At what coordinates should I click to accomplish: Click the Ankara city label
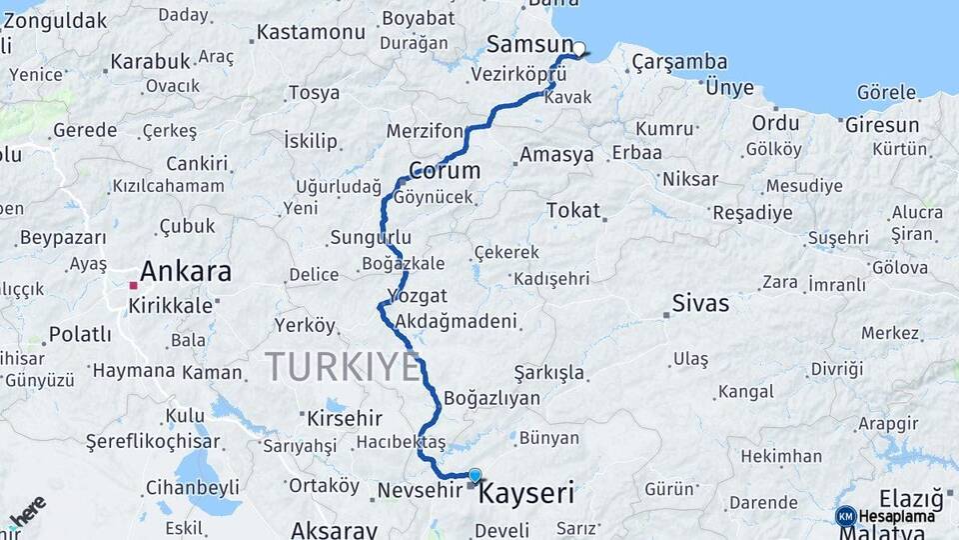(x=185, y=271)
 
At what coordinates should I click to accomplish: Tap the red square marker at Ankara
(x=133, y=285)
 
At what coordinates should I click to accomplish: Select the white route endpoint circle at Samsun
(x=578, y=48)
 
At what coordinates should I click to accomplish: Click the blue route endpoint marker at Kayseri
(x=475, y=476)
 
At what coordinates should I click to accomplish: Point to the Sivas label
(x=700, y=302)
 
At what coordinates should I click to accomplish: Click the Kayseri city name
(x=526, y=493)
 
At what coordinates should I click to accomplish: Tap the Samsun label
(x=529, y=44)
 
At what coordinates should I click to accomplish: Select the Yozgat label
(x=417, y=296)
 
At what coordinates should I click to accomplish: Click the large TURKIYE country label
(x=343, y=367)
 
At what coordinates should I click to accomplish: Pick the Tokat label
(x=573, y=210)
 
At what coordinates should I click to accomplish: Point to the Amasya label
(x=555, y=155)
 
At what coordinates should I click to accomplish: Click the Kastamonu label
(x=311, y=32)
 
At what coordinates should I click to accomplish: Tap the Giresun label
(x=882, y=125)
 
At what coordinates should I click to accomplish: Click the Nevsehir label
(x=421, y=491)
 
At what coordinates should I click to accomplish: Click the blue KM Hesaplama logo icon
(x=845, y=516)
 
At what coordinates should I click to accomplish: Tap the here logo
(x=28, y=512)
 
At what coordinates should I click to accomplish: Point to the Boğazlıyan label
(x=491, y=398)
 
